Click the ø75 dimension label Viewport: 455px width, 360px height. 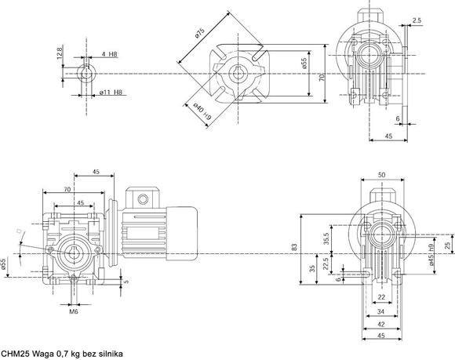[x=200, y=33]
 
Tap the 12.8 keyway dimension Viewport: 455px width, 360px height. [x=60, y=53]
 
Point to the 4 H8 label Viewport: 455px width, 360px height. [x=109, y=54]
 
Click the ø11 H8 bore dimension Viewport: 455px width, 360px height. [x=111, y=93]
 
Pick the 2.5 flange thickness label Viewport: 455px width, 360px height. [x=417, y=20]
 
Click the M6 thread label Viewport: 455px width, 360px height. [x=74, y=311]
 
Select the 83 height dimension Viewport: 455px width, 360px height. [x=294, y=247]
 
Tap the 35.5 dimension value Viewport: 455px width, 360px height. [x=326, y=238]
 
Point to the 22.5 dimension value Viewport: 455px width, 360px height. [x=326, y=264]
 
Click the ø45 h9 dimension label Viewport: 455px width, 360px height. [x=431, y=255]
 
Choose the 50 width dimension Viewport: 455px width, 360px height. [x=382, y=175]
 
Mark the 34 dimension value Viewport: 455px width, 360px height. [x=380, y=311]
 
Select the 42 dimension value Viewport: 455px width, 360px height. [x=381, y=325]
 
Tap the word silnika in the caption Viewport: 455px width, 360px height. [x=111, y=354]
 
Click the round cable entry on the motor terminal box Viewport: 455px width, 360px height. [x=143, y=199]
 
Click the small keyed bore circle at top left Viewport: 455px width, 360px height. [x=86, y=74]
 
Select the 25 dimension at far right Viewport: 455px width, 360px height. [x=448, y=245]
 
